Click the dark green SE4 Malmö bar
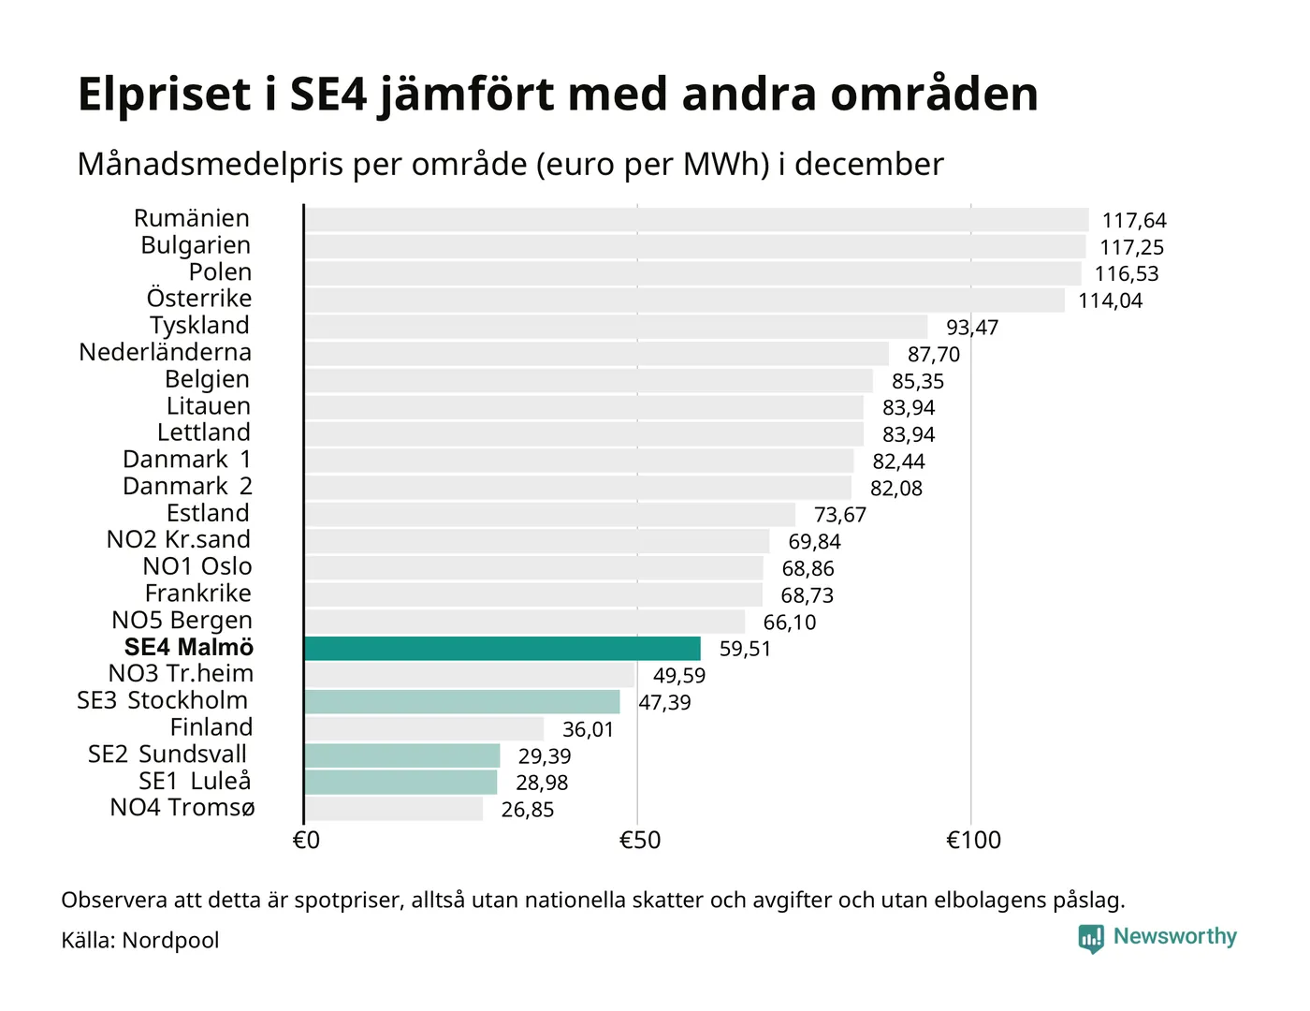(502, 649)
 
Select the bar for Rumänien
(696, 220)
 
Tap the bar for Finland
(424, 729)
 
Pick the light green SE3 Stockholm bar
(462, 702)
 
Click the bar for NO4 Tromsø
(394, 809)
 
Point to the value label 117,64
(1134, 221)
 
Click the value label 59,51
(745, 649)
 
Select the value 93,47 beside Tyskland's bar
(972, 328)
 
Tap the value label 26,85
(527, 810)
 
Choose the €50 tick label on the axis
(640, 841)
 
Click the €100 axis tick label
(973, 841)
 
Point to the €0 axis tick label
(306, 841)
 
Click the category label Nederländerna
(166, 353)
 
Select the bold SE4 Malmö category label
(189, 647)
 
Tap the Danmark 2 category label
(187, 487)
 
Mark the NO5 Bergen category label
(182, 621)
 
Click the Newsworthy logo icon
(1091, 938)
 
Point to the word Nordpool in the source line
(170, 941)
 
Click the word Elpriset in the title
(165, 95)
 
